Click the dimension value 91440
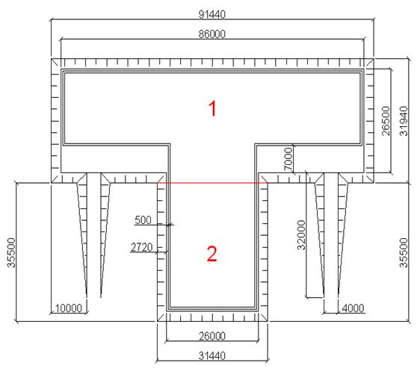(212, 14)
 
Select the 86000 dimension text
(212, 34)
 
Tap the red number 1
(212, 108)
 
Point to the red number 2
(212, 254)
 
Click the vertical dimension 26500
(386, 121)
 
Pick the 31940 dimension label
(404, 121)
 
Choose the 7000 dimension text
(288, 159)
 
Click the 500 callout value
(143, 220)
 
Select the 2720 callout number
(141, 247)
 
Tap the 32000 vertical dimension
(301, 235)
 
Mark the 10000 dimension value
(69, 308)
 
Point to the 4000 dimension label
(353, 308)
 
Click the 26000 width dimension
(212, 336)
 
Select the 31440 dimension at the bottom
(212, 356)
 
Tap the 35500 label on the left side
(11, 252)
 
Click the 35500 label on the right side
(404, 252)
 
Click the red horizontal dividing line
(212, 183)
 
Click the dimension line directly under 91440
(212, 19)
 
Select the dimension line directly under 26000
(212, 341)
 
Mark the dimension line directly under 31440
(212, 361)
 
